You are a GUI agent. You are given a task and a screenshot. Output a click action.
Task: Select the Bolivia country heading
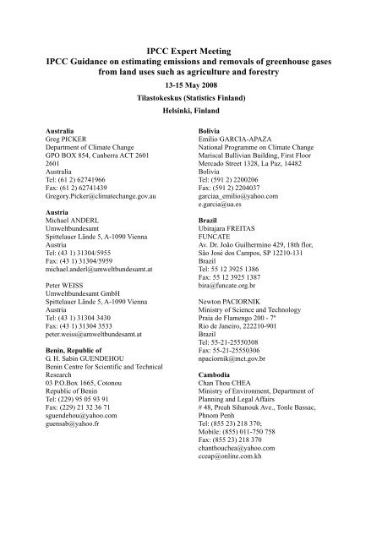pos(211,132)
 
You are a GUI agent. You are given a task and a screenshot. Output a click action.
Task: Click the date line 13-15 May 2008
pos(191,85)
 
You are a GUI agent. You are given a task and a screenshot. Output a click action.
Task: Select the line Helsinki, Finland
pos(191,110)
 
